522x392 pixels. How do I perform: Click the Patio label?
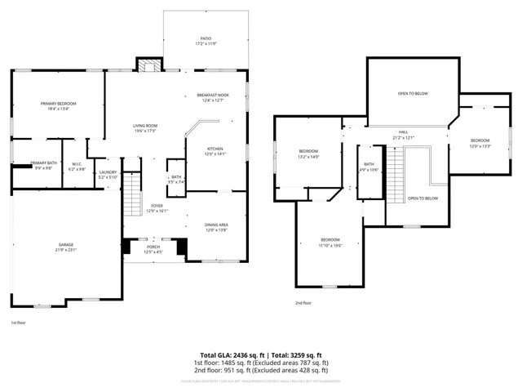click(206, 40)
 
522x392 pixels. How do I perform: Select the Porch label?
click(153, 248)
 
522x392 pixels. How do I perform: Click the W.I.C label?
click(76, 167)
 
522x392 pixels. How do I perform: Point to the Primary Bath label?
click(44, 166)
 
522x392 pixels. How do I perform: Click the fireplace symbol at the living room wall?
click(148, 66)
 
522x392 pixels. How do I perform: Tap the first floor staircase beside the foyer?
click(132, 196)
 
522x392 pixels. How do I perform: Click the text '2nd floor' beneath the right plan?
click(303, 302)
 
